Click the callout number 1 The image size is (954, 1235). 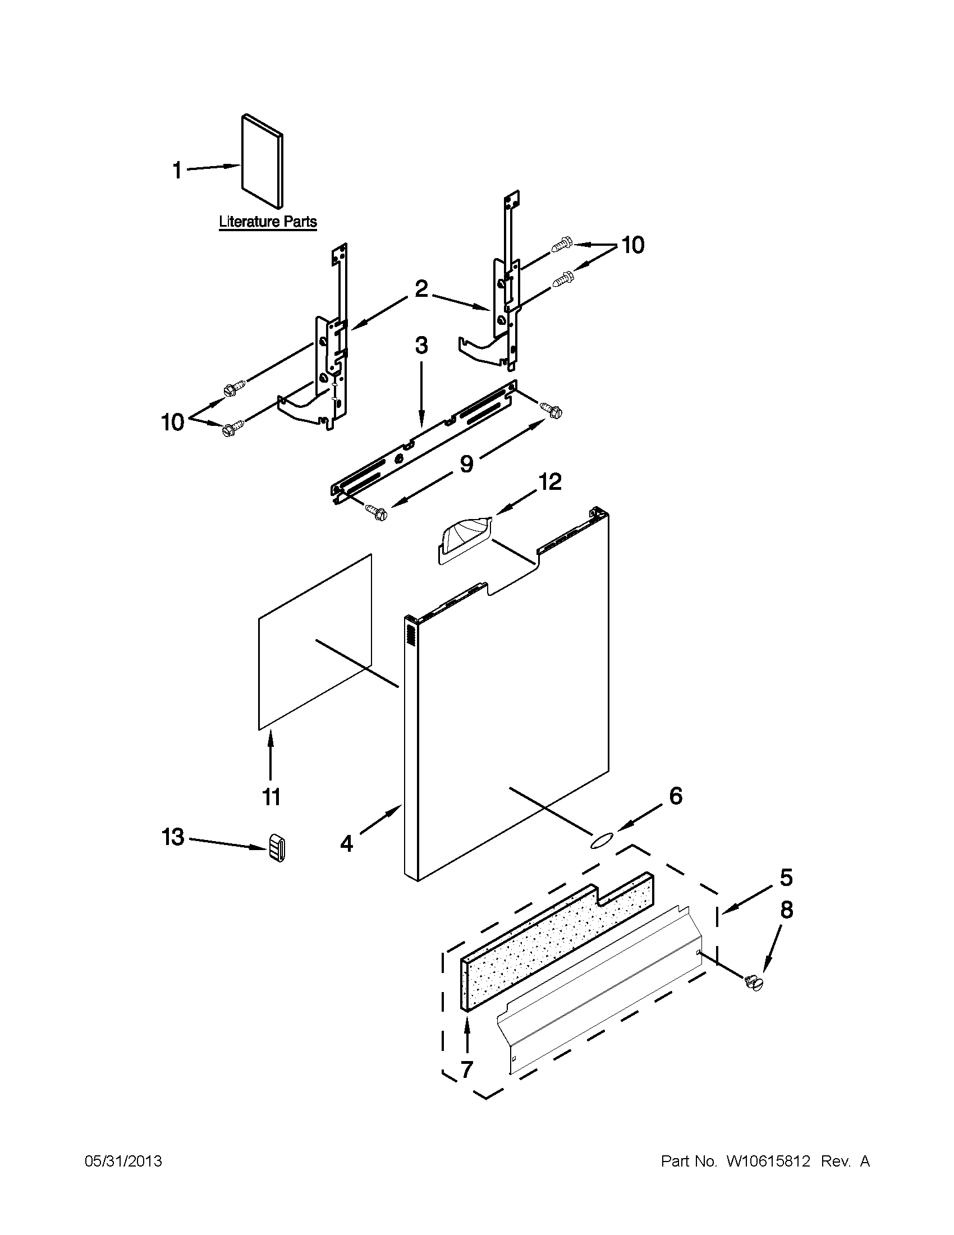point(177,169)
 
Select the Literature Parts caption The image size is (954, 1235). point(268,222)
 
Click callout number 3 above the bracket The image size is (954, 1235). point(421,345)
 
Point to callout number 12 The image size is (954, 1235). point(549,481)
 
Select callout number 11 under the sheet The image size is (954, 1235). point(271,797)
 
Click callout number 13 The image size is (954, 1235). point(173,837)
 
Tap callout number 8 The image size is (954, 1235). point(786,910)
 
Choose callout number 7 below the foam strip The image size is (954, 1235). point(467,1069)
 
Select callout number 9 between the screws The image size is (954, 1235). point(466,463)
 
